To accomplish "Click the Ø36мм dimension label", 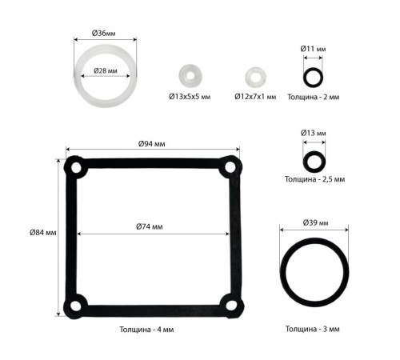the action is click(x=104, y=34).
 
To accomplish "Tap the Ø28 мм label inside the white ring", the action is click(x=106, y=70).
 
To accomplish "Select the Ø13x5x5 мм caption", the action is click(x=190, y=97).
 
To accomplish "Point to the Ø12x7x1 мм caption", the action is click(x=255, y=97).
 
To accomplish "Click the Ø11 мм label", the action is click(x=313, y=49).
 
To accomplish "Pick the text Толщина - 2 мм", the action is click(x=314, y=97).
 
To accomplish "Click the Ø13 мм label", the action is click(x=314, y=133).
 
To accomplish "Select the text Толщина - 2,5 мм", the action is click(x=314, y=179).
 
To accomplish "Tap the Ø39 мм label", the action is click(x=315, y=222).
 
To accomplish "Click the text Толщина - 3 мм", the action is click(x=313, y=329).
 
